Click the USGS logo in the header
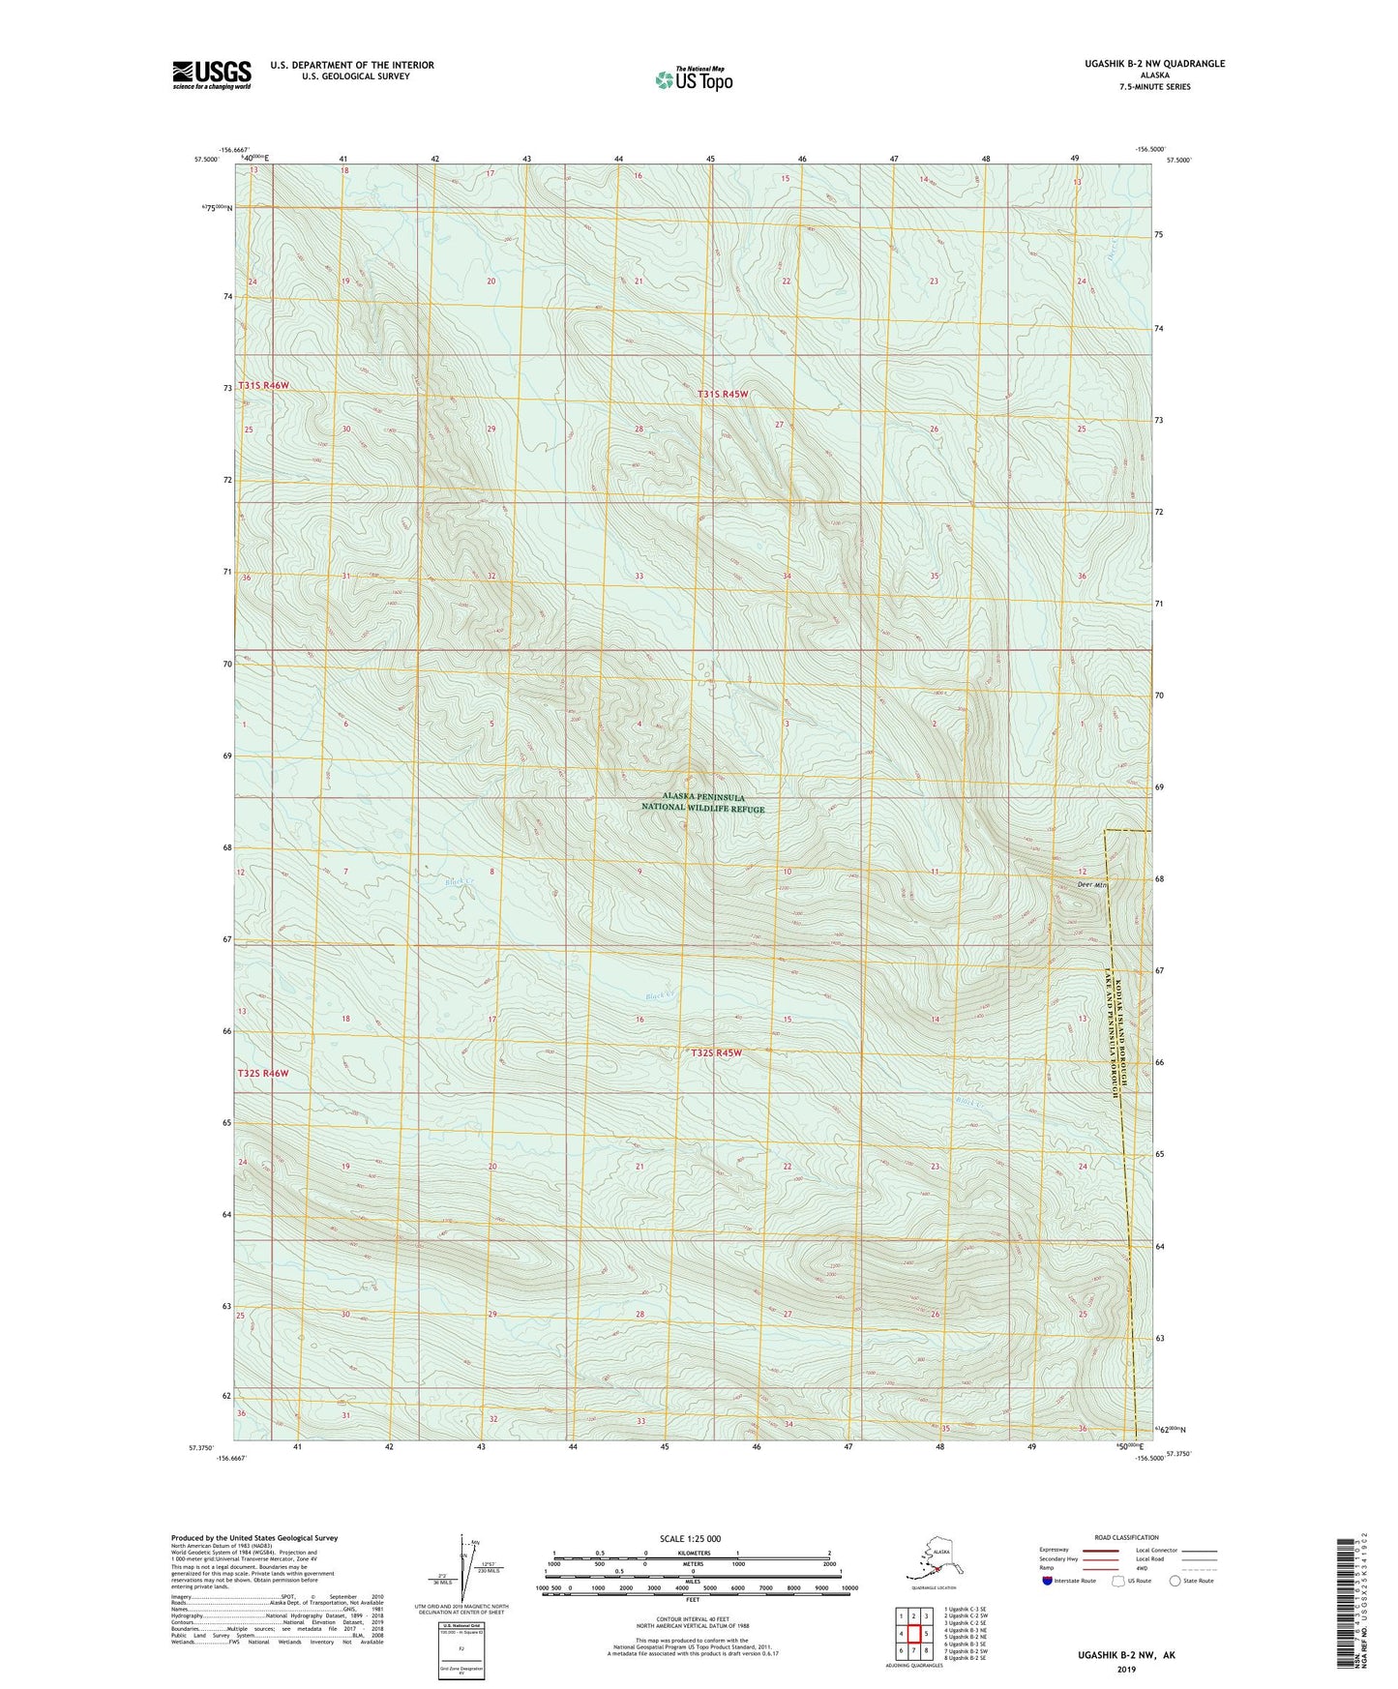[212, 74]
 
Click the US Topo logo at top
[693, 79]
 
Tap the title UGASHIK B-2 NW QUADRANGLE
[1143, 64]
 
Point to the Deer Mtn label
[1089, 885]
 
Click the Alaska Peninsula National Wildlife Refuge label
[703, 802]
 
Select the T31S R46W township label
[263, 385]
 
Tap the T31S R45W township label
[723, 395]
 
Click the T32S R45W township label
[716, 1052]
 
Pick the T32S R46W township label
[263, 1074]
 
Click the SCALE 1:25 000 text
[692, 1538]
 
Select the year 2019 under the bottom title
[1126, 1669]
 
